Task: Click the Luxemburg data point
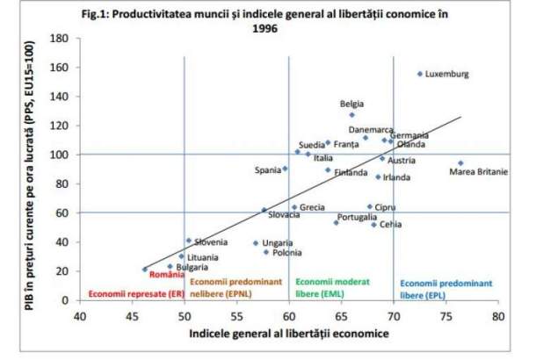click(420, 75)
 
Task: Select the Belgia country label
click(351, 104)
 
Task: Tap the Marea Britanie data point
click(460, 163)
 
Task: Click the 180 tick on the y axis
click(61, 38)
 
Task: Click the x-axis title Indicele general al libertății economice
click(288, 334)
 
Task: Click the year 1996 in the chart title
click(289, 27)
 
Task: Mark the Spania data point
click(285, 169)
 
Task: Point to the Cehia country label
click(392, 225)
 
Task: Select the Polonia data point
click(266, 252)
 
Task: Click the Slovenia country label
click(211, 242)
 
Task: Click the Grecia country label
click(312, 208)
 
